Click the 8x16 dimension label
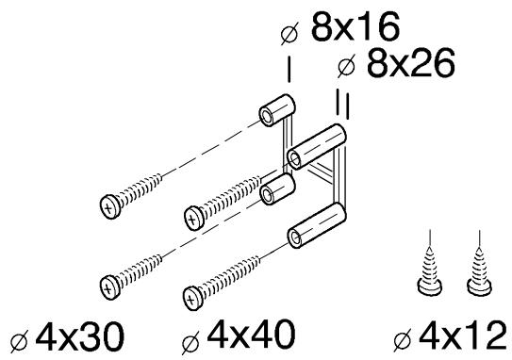coord(355,27)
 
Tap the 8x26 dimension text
coord(411,63)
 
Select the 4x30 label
coord(80,335)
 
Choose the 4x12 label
coord(463,335)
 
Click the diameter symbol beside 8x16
coord(289,33)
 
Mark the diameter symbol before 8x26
coord(346,66)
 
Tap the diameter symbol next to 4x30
coord(19,341)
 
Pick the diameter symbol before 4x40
coord(190,343)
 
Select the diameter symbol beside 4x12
coord(403,340)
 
